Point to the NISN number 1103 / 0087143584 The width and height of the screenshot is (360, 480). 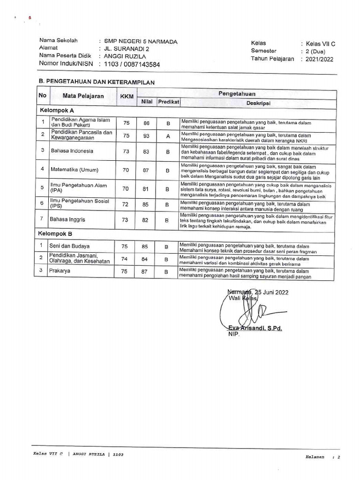click(x=132, y=64)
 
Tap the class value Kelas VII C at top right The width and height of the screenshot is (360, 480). click(x=320, y=44)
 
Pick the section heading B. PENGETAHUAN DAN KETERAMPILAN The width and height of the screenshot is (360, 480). click(x=97, y=82)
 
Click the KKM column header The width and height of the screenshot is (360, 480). click(x=127, y=97)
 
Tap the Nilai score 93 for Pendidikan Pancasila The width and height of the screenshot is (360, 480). click(x=146, y=136)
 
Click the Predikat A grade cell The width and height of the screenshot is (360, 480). click(x=167, y=136)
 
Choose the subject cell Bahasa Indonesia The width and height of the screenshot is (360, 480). click(x=72, y=151)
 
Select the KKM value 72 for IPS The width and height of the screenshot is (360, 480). click(x=125, y=204)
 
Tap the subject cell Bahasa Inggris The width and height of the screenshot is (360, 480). click(x=68, y=219)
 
